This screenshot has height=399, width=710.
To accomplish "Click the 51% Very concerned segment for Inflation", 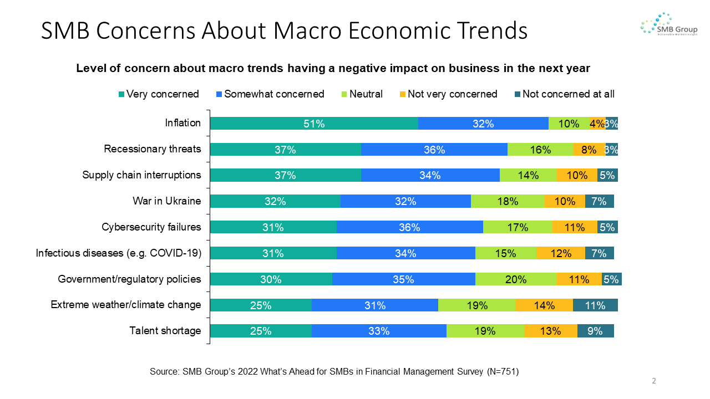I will click(x=313, y=124).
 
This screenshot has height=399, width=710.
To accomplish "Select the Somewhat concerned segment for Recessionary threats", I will click(x=434, y=150).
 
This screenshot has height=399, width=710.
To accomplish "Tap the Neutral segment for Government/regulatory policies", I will click(x=516, y=279).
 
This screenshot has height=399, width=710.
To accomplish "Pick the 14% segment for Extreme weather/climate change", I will click(x=544, y=305).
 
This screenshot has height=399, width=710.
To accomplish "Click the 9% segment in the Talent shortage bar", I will click(x=595, y=331).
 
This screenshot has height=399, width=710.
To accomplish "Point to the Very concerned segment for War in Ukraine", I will click(x=275, y=202).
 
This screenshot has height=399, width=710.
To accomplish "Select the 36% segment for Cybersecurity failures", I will click(x=409, y=227).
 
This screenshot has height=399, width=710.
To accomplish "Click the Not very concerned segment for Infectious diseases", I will click(x=561, y=253).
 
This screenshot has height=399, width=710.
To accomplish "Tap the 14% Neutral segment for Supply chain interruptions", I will click(x=528, y=176).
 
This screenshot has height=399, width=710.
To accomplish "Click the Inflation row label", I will click(x=183, y=123).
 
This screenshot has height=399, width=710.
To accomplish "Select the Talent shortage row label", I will click(x=165, y=331).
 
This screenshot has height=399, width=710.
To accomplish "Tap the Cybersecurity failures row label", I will click(x=151, y=227).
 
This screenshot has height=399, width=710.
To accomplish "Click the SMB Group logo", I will click(x=668, y=24).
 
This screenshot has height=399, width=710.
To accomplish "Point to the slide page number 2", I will click(x=654, y=381).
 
